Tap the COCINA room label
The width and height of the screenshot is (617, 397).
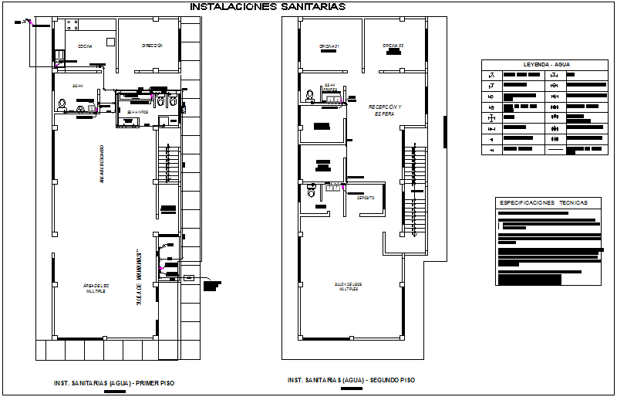(x=85, y=46)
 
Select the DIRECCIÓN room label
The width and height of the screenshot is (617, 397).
(x=152, y=46)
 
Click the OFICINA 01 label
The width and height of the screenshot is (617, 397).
(x=330, y=46)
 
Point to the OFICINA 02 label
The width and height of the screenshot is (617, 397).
(x=393, y=46)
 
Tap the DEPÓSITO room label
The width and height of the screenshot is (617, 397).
(x=365, y=198)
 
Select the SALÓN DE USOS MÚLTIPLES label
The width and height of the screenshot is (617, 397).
(x=351, y=285)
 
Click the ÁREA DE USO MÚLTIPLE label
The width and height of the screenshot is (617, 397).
(x=95, y=288)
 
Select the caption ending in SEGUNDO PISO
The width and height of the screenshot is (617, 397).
(x=351, y=380)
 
